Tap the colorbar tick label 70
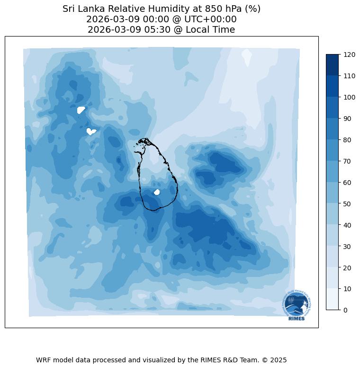tap(347, 161)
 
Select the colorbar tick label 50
tap(347, 204)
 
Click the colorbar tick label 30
tap(347, 247)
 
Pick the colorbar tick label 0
tap(345, 310)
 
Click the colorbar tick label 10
tap(347, 289)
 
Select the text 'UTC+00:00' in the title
tap(212, 19)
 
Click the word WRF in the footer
tap(44, 360)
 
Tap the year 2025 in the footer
tap(277, 360)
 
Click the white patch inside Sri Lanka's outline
tap(157, 192)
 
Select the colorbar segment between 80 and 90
tap(333, 129)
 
